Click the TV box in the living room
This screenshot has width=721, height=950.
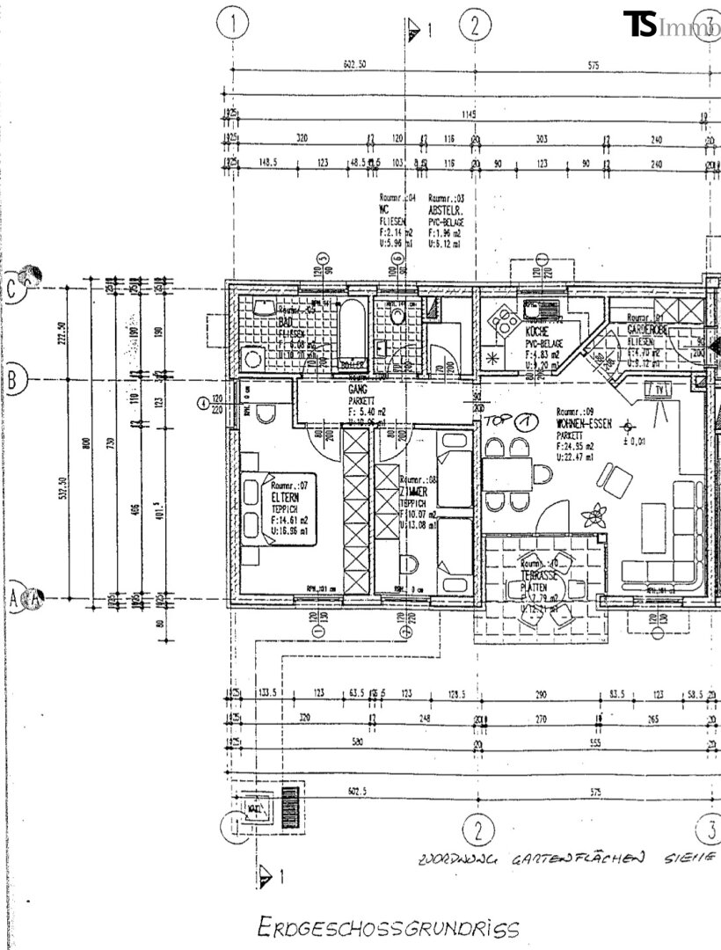tap(659, 388)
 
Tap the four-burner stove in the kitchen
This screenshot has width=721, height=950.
tap(507, 322)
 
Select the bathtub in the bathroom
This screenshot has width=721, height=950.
tap(352, 336)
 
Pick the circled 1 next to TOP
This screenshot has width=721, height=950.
tap(525, 421)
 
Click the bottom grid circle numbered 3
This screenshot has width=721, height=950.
tap(710, 828)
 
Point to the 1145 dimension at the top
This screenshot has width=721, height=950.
tap(470, 115)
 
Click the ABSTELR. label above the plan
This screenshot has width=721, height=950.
tap(445, 211)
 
